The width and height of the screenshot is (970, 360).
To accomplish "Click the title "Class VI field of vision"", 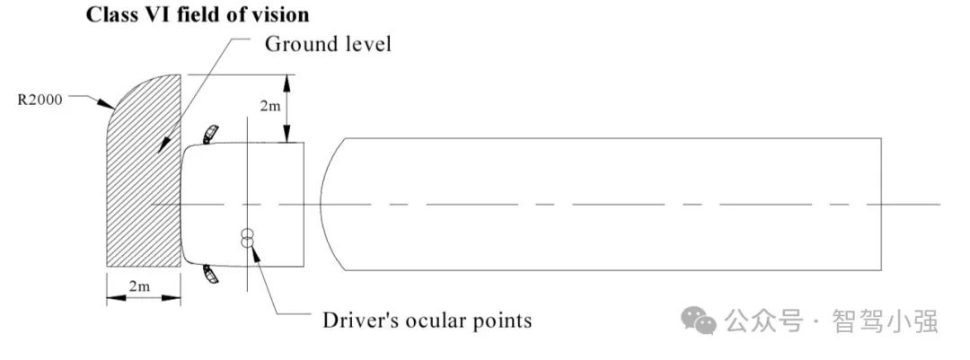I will pyautogui.click(x=198, y=15).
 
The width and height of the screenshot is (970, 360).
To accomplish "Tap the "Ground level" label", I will pyautogui.click(x=327, y=44).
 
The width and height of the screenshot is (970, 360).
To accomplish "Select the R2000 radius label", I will pyautogui.click(x=40, y=100).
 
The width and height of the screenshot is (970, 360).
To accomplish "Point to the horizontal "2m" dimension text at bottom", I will pyautogui.click(x=140, y=286).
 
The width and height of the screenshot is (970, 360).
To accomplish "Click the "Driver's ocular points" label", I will pyautogui.click(x=427, y=320).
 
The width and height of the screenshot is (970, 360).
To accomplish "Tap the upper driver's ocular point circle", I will pyautogui.click(x=247, y=233).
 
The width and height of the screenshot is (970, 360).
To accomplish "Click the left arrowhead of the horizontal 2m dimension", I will pyautogui.click(x=111, y=299).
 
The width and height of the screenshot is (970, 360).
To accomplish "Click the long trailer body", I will pyautogui.click(x=611, y=204).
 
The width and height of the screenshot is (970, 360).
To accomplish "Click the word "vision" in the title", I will pyautogui.click(x=281, y=15).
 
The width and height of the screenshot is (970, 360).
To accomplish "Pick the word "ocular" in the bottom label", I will pyautogui.click(x=436, y=320).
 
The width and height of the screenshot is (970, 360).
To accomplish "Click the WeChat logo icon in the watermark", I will pyautogui.click(x=698, y=319).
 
